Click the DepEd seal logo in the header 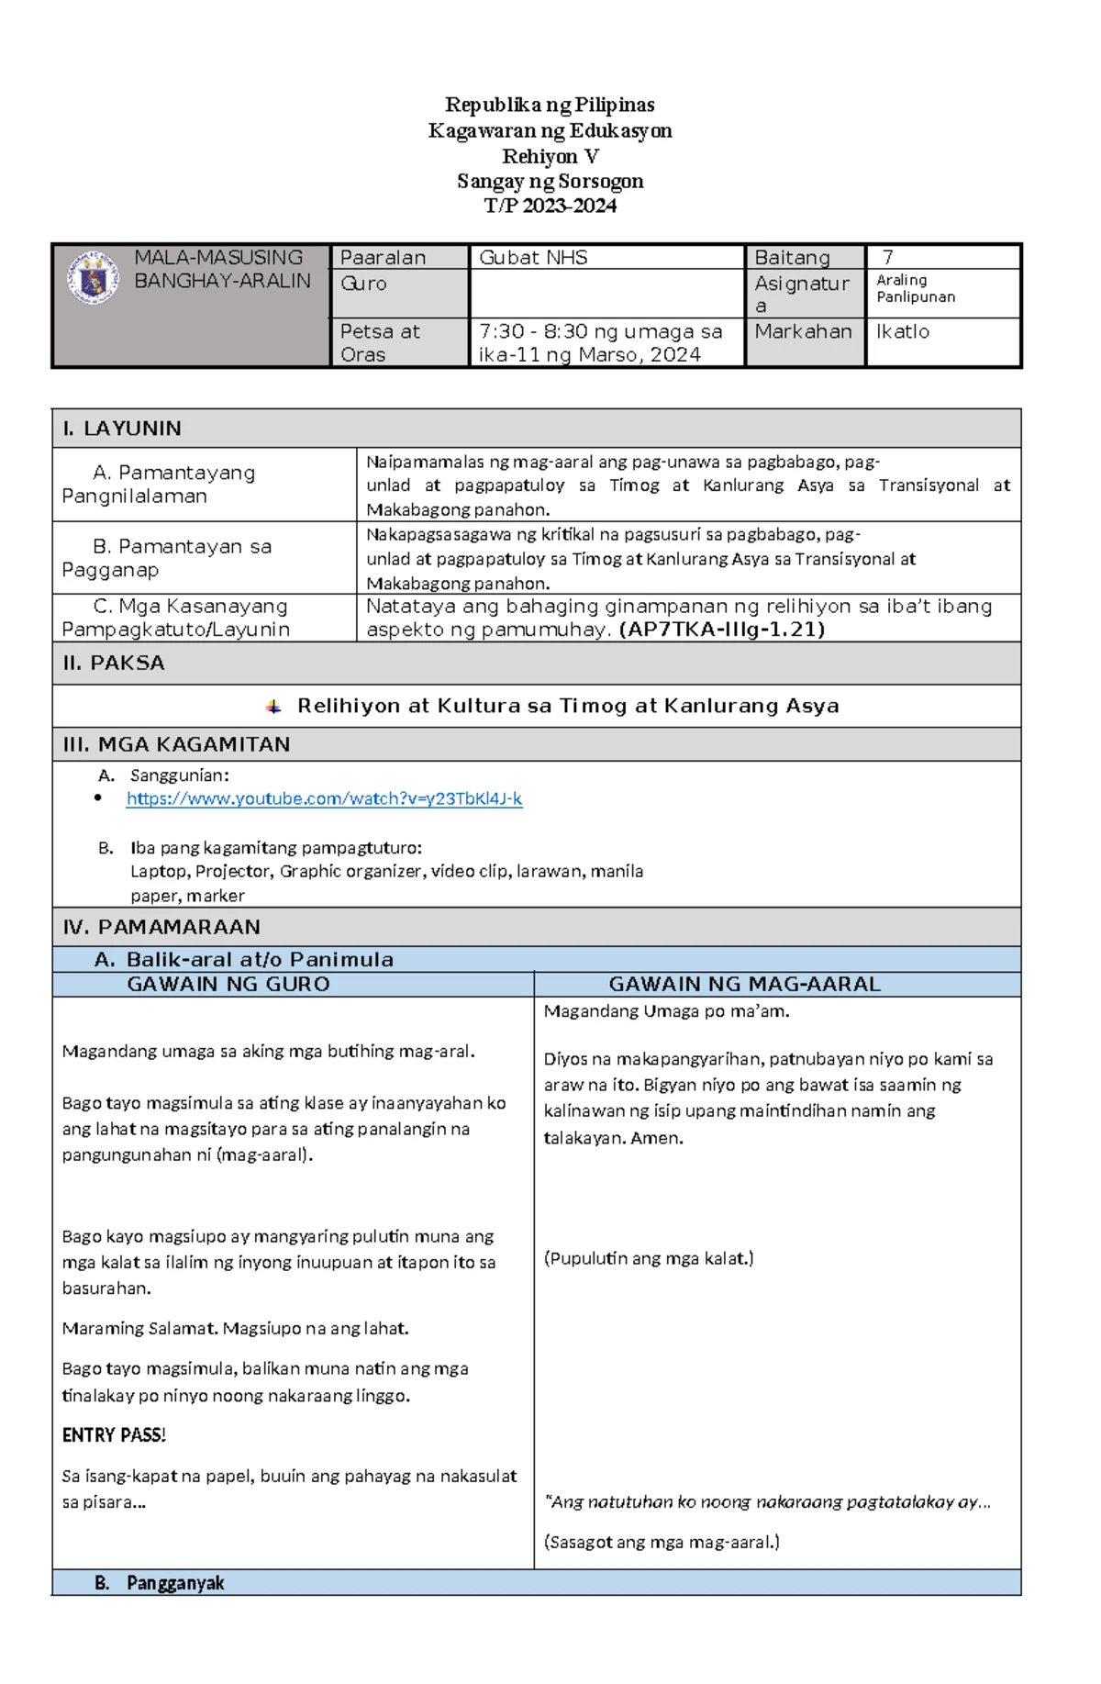pos(93,277)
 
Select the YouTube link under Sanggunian pos(324,798)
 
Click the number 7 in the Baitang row pos(887,258)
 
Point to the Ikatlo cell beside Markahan pos(903,331)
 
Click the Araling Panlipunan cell pos(915,288)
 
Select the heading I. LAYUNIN pos(121,429)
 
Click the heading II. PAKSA pos(114,663)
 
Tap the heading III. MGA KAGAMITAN pos(176,744)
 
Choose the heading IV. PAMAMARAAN pos(161,927)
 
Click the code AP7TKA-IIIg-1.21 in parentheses pos(722,630)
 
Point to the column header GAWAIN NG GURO pos(228,985)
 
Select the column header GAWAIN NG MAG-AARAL pos(744,985)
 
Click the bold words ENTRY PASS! pos(114,1435)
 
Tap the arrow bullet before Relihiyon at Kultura pos(273,706)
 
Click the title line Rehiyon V pos(550,156)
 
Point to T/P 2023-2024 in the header pos(550,206)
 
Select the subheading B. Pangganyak pos(160,1583)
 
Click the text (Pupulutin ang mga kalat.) pos(649,1258)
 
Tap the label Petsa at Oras pos(380,342)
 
